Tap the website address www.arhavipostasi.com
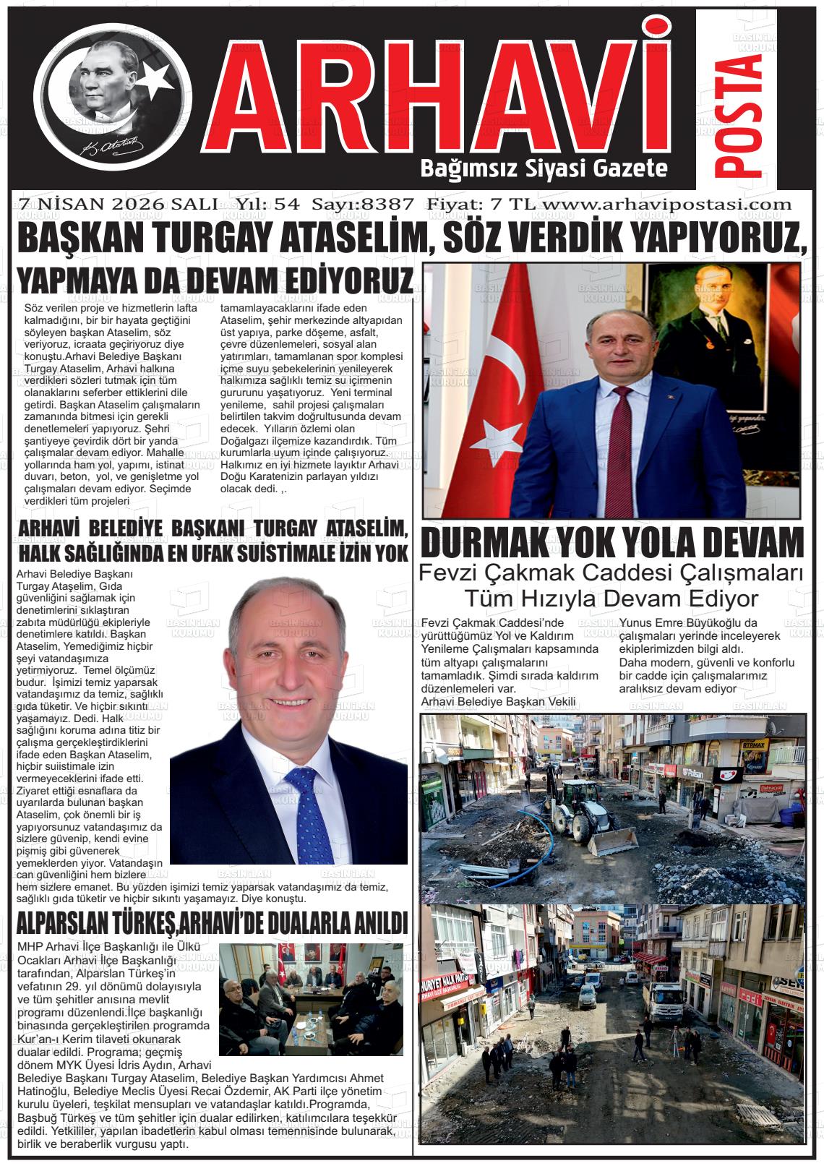point(666,204)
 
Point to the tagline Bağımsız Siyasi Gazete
point(543,170)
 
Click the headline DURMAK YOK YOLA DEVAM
point(612,542)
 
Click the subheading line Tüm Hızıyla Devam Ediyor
point(611,599)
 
